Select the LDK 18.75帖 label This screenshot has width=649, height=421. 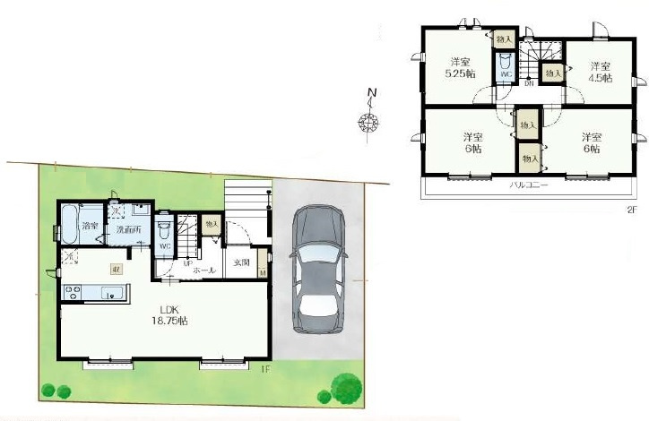pos(170,314)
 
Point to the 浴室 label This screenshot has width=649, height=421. pos(90,225)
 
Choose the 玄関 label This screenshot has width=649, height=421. pos(241,262)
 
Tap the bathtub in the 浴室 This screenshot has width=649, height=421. pos(69,224)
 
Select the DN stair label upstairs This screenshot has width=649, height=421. pos(529,83)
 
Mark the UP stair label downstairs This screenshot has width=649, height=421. pos(188,262)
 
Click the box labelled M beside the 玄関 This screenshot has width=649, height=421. pos(263,271)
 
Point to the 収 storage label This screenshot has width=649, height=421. pos(116,269)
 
